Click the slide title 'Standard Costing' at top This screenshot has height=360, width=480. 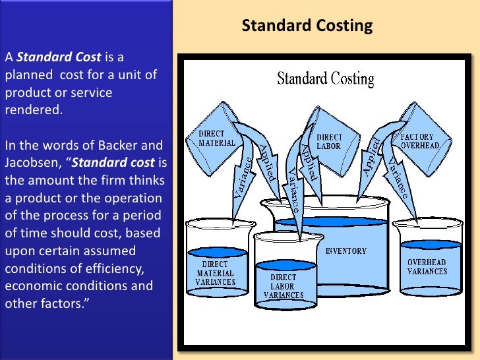point(307,26)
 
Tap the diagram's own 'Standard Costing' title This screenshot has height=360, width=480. point(326,80)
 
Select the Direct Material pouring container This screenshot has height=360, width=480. point(218,138)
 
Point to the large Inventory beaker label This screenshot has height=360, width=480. point(346,251)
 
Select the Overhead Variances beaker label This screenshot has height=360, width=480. point(427,266)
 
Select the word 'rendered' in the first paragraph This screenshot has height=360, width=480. point(34,109)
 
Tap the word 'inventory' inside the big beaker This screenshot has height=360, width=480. point(346,251)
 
